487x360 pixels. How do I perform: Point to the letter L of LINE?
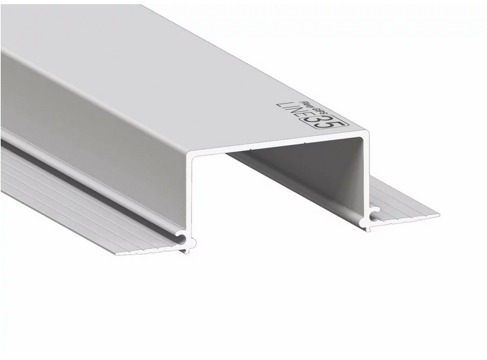[280, 105]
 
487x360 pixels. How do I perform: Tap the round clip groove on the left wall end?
[182, 237]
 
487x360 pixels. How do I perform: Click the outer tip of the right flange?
[438, 215]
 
